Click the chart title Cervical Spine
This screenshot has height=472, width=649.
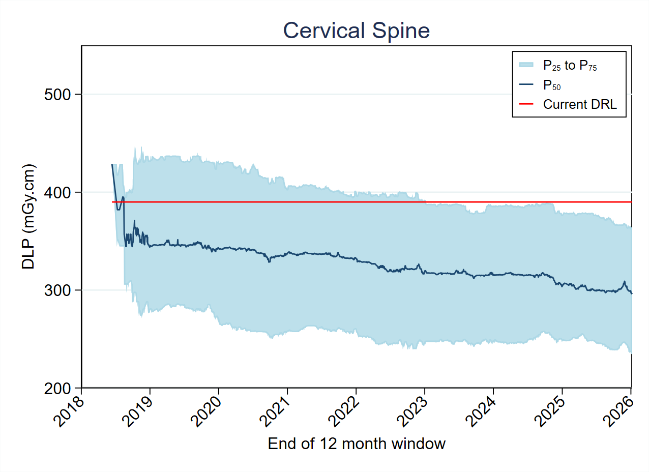[x=356, y=31]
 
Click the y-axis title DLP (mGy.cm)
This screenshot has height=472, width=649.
[x=29, y=217]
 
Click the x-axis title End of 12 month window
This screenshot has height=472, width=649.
[x=357, y=444]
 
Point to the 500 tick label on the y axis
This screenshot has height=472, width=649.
[x=61, y=95]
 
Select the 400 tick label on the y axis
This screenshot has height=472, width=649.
[x=61, y=192]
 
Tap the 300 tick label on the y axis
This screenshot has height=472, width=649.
[x=61, y=290]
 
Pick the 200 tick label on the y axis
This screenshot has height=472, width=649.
[x=61, y=389]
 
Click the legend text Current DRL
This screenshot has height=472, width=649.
[x=580, y=105]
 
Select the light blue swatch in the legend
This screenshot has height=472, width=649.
[x=526, y=65]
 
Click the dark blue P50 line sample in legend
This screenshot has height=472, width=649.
[x=526, y=85]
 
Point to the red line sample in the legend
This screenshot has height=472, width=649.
[x=526, y=105]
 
